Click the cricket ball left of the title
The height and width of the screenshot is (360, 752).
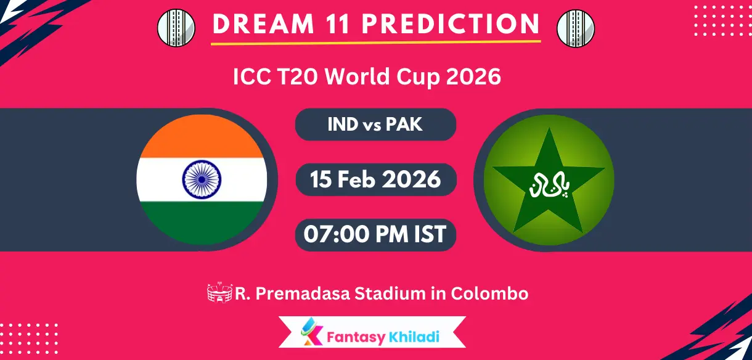click(x=176, y=28)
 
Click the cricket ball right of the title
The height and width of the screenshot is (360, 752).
click(x=575, y=28)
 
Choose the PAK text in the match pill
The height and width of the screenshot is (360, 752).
click(x=404, y=124)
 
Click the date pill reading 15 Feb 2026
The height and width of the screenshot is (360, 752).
click(x=375, y=179)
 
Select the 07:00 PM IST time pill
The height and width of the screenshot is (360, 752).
click(x=375, y=234)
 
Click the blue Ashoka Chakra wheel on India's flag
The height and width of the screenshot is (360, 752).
click(x=202, y=179)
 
